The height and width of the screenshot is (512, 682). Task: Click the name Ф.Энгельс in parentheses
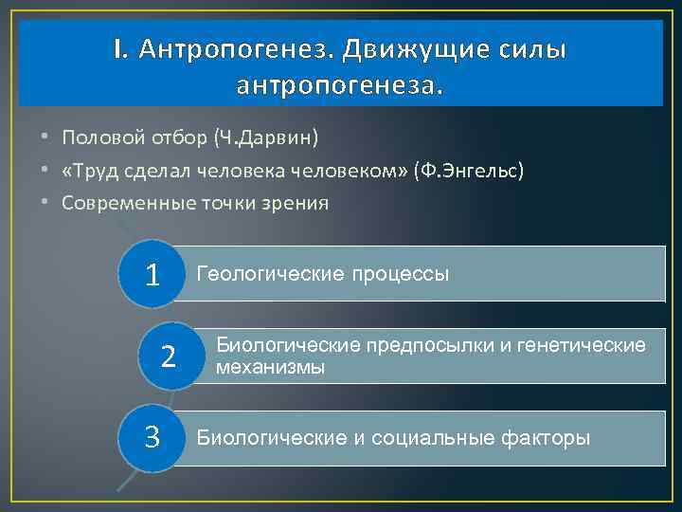pos(468,170)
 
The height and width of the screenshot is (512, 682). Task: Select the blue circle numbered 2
pos(169,356)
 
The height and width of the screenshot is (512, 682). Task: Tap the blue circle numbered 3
pos(151,437)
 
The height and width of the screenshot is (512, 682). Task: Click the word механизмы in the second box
pos(271,367)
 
